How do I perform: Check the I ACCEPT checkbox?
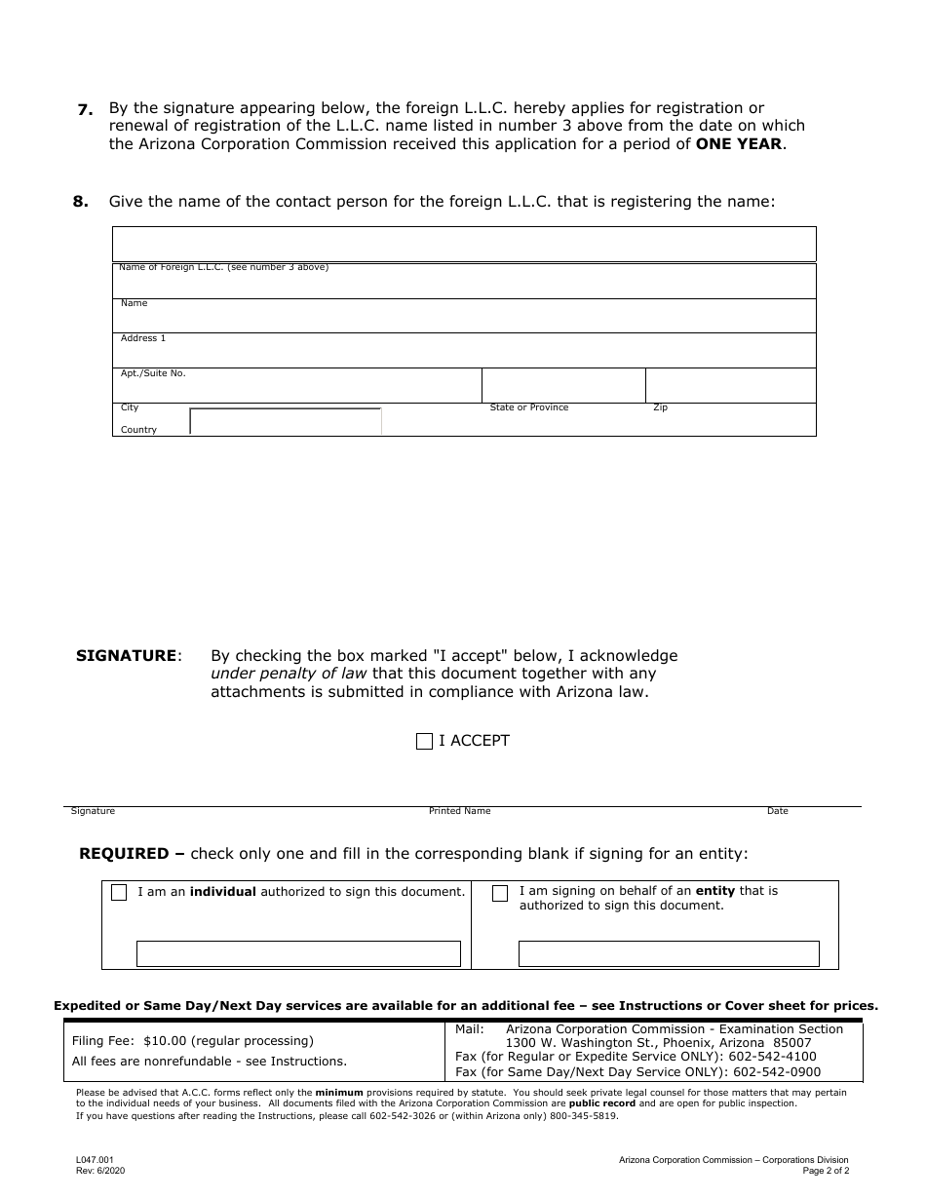[424, 742]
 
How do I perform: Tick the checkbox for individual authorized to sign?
[119, 893]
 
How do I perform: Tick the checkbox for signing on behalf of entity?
[500, 893]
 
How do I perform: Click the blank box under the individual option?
[298, 953]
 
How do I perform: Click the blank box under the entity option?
[669, 953]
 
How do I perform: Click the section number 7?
[86, 110]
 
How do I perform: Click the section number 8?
[81, 202]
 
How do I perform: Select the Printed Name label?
[460, 811]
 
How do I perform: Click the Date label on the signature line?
[777, 811]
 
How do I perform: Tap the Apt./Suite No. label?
[153, 373]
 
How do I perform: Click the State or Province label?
[529, 407]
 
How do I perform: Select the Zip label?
[660, 407]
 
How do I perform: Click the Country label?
[138, 430]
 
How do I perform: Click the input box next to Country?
[285, 421]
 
